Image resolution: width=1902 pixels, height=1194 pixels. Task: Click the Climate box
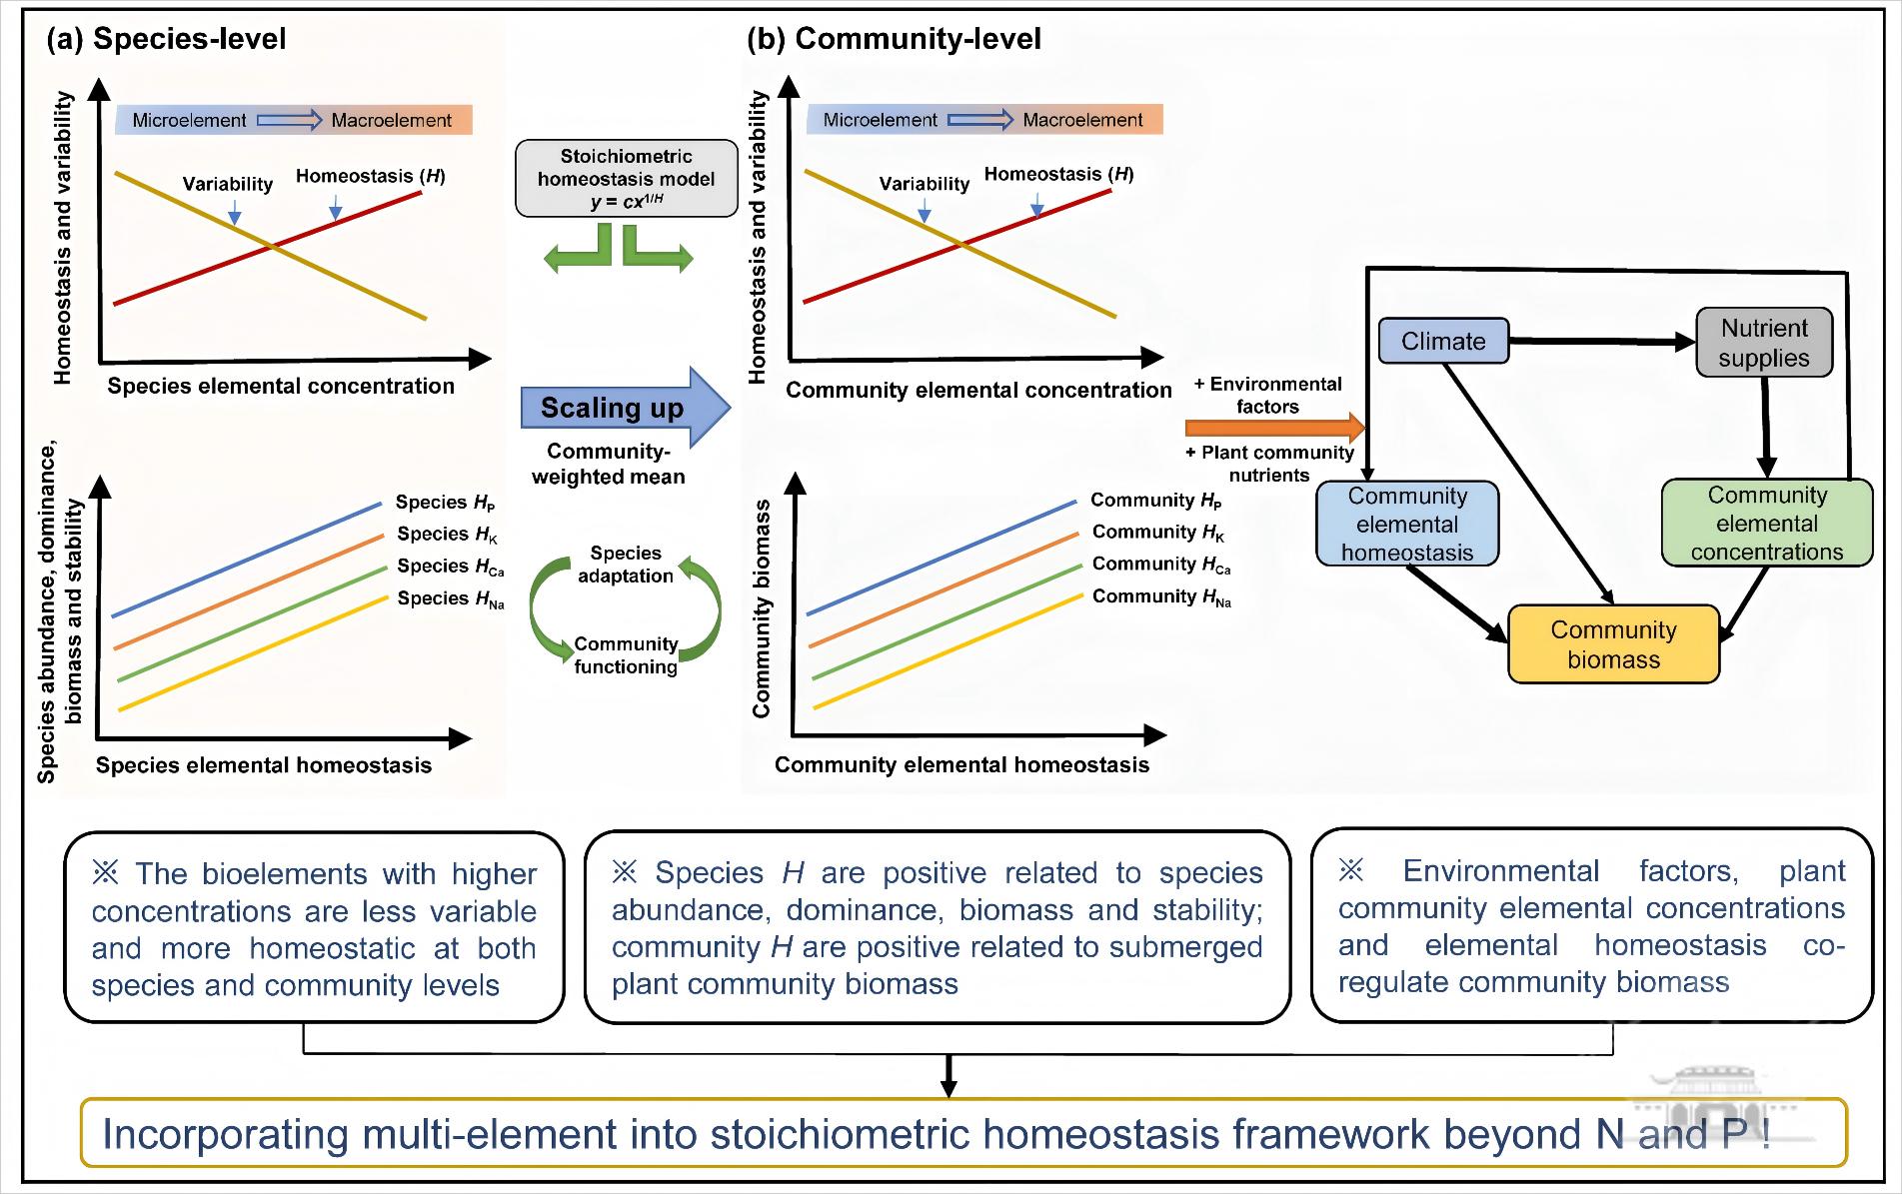(1443, 341)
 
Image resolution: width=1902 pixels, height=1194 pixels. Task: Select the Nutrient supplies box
(1764, 343)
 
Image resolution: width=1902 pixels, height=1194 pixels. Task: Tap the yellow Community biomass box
(1613, 644)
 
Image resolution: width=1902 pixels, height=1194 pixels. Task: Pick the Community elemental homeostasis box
(1407, 524)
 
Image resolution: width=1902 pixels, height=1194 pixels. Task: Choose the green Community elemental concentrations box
(1766, 524)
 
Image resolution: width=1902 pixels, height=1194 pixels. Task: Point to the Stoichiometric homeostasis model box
(626, 179)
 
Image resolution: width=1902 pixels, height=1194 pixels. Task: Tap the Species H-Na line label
(450, 598)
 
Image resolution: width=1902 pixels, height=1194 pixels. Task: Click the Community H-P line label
(1155, 500)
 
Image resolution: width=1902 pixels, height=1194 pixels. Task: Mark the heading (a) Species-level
(166, 39)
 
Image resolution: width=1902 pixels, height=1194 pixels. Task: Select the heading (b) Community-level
(894, 39)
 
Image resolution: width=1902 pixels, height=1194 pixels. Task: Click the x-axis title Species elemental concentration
(281, 387)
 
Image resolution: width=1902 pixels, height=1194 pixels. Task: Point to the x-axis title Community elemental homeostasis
(961, 765)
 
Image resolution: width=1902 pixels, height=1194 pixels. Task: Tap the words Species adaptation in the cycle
(626, 565)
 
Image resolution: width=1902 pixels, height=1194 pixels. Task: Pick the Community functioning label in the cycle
(626, 655)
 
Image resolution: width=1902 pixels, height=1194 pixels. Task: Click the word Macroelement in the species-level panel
(391, 121)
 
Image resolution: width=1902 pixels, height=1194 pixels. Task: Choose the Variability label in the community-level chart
(924, 184)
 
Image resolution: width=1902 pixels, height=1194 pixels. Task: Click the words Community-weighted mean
(608, 465)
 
